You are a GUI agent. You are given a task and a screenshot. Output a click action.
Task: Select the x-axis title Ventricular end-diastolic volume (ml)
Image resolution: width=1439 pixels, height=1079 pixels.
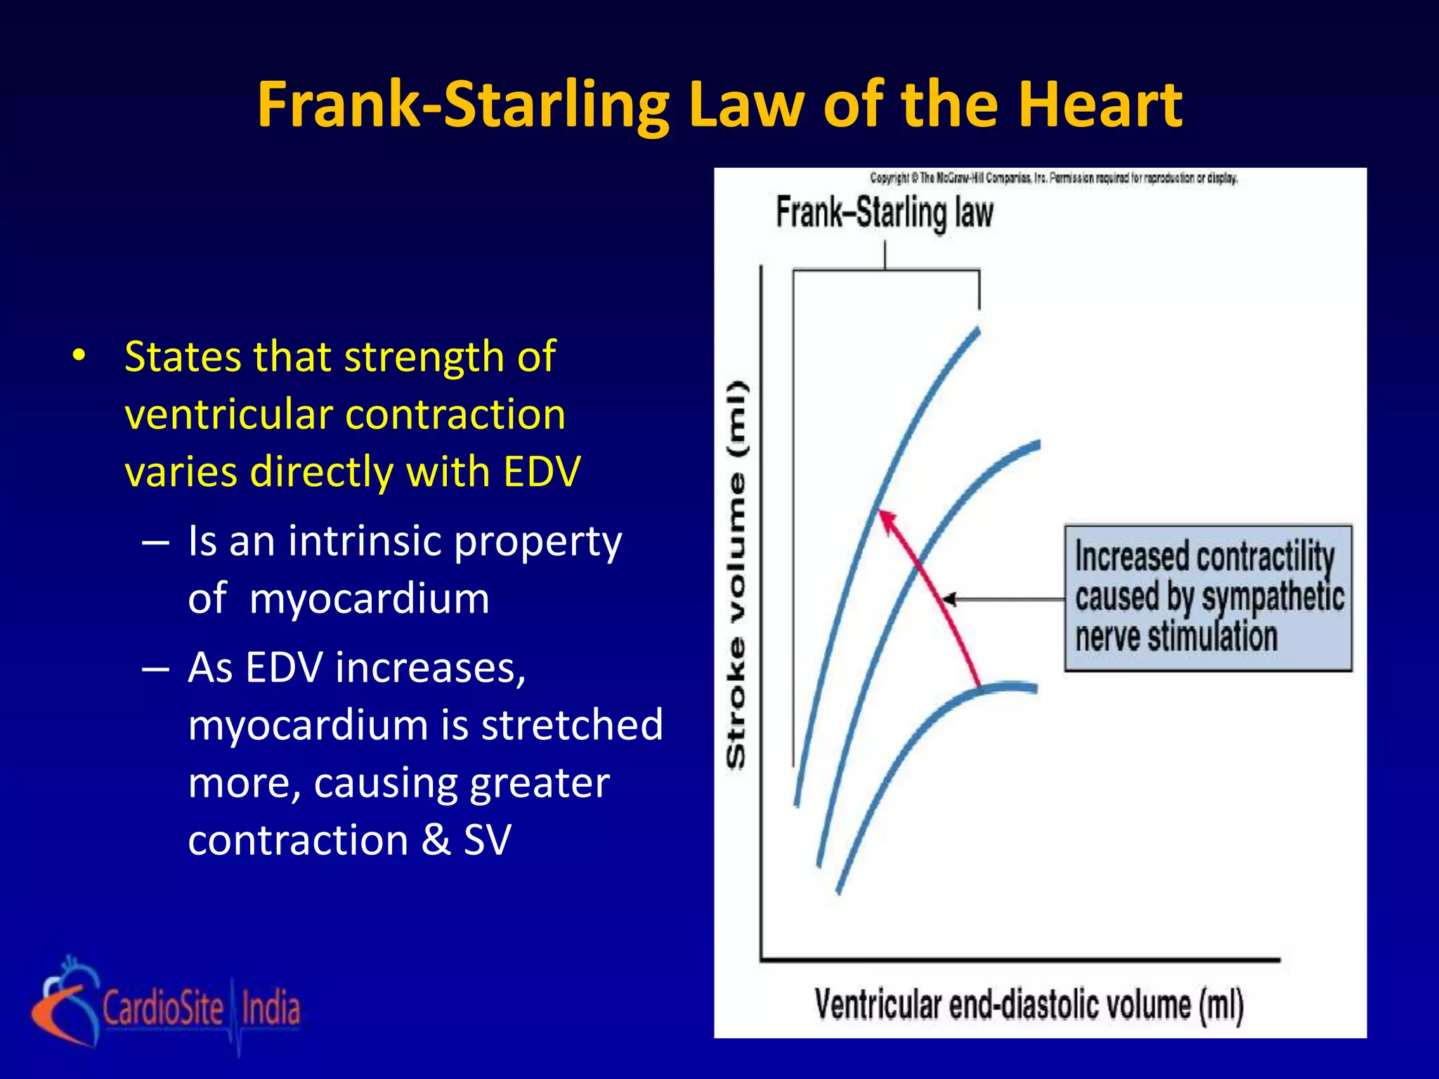point(1029,1004)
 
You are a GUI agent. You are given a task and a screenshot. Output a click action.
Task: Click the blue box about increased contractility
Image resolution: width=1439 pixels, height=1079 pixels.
point(1208,598)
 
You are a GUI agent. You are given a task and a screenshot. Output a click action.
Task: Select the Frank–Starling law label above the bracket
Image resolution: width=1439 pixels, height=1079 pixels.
point(884,213)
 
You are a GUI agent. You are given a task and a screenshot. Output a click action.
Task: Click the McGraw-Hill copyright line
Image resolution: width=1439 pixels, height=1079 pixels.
point(1053,178)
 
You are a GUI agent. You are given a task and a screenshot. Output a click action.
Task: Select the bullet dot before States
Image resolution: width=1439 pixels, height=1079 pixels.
point(79,356)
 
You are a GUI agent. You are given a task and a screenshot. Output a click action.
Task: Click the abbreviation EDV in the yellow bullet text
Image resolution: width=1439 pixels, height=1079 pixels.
point(542,471)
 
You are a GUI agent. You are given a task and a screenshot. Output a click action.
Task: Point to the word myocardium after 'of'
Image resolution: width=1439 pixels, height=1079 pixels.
point(369,599)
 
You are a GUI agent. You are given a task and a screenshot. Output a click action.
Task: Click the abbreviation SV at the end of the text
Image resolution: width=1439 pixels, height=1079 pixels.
point(487,839)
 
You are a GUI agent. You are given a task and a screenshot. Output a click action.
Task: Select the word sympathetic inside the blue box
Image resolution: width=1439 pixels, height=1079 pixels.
point(1272,597)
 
